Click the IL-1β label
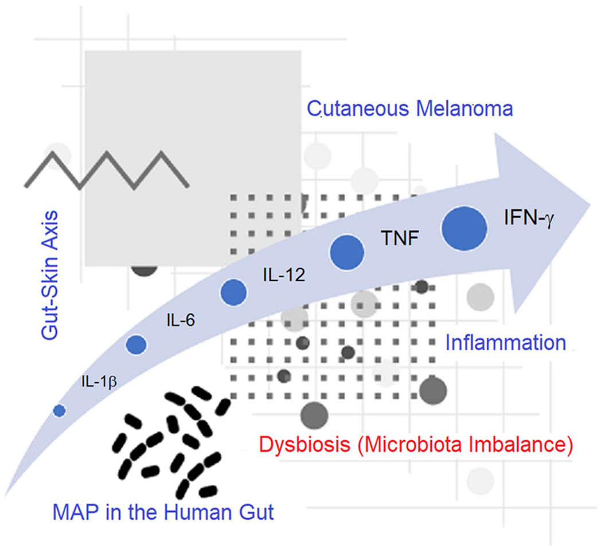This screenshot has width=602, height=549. (x=97, y=379)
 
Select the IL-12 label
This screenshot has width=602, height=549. (x=280, y=275)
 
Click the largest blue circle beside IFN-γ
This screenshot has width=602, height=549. (x=464, y=228)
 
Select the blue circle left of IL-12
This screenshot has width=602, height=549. (x=234, y=293)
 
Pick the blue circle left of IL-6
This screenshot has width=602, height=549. (x=136, y=344)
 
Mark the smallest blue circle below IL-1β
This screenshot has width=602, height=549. (x=59, y=410)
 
